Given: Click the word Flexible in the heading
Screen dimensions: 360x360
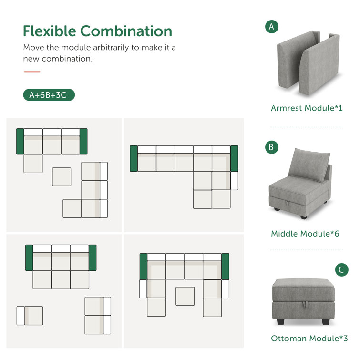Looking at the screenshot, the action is point(50,31).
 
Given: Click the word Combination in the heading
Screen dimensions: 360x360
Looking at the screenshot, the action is point(126,31).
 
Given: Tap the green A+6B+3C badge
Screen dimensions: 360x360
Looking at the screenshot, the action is point(49,95).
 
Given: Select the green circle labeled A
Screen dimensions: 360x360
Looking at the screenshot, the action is point(272,27).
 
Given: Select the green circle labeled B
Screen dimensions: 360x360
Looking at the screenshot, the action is point(272,147).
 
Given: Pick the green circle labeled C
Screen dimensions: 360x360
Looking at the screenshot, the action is point(341,270).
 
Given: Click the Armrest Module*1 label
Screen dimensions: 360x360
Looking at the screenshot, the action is point(307,108).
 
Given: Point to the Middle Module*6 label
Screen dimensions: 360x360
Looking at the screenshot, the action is point(305,234).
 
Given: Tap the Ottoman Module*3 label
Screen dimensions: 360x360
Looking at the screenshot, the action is point(309,338).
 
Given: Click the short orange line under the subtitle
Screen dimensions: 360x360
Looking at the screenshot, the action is point(32,72).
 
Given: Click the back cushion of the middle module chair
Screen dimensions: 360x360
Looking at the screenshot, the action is point(309,165).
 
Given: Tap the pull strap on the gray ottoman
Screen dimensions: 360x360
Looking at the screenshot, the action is point(305,305).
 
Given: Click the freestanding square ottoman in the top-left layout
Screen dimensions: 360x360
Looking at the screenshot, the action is point(62,177).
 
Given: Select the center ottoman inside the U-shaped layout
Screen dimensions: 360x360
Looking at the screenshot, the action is point(185,296).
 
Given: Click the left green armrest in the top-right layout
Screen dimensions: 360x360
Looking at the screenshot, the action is point(134,158).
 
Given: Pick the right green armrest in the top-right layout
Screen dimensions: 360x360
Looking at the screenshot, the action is point(235,158).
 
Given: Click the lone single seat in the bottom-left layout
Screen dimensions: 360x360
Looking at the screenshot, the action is point(30,316).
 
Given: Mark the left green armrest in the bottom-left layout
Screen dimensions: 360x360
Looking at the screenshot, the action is point(29,257).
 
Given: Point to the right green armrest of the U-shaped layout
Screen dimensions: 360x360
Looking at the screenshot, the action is point(225,267).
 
